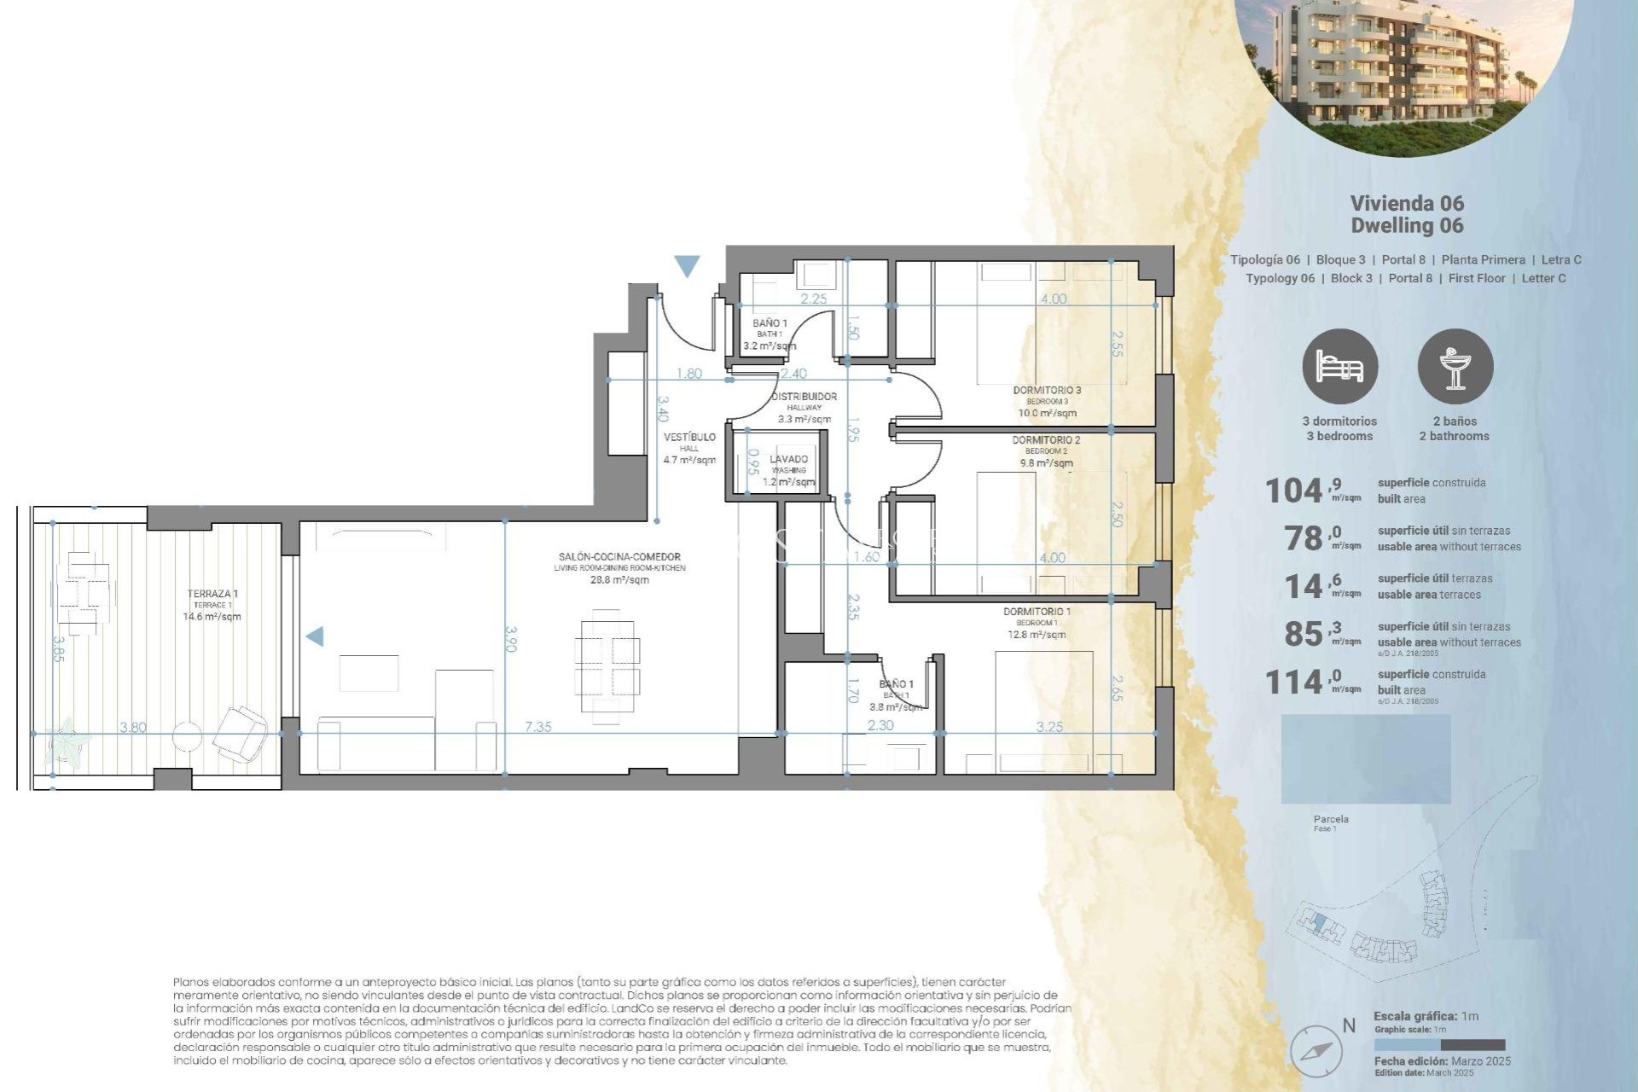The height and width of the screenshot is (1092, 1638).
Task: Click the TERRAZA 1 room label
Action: [x=212, y=594]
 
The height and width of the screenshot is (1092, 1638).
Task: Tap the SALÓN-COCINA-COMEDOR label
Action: [x=619, y=557]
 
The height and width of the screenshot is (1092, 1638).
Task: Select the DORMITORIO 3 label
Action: [x=1047, y=391]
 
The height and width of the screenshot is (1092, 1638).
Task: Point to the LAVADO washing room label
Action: [x=788, y=460]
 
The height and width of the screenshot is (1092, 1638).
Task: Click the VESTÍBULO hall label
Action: [x=689, y=438]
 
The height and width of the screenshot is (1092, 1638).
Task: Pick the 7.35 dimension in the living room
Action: [x=537, y=727]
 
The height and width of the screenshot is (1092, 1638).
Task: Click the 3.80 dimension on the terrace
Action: [x=133, y=728]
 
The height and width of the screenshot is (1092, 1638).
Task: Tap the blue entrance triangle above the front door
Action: [x=687, y=266]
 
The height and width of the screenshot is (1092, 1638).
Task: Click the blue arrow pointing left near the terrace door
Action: [x=315, y=636]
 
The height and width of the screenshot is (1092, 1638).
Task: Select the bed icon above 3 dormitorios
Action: [x=1339, y=366]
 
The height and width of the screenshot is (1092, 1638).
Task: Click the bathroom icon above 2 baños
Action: [x=1455, y=366]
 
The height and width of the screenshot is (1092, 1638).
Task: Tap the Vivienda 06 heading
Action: [x=1406, y=204]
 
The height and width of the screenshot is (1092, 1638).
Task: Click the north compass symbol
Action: [x=1316, y=1050]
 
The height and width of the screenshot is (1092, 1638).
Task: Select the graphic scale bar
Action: [x=1439, y=1045]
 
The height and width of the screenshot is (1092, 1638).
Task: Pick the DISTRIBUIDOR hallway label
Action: [x=804, y=397]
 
